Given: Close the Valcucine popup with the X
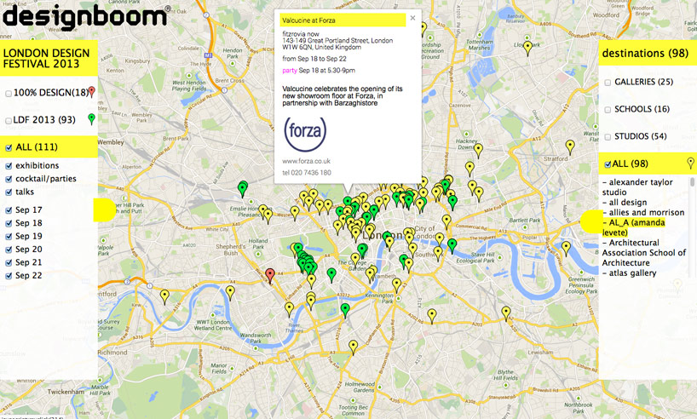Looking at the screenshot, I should [x=413, y=17].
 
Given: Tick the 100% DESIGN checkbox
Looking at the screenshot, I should [x=9, y=93].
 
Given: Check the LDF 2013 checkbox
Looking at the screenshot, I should [x=9, y=121].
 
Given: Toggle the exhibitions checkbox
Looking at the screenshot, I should [x=9, y=166].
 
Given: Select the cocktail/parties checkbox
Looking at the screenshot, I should [x=9, y=179].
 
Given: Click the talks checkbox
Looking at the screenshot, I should [x=9, y=192].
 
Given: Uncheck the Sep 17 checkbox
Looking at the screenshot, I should [x=9, y=210].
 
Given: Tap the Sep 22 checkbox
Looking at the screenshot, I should [x=9, y=276].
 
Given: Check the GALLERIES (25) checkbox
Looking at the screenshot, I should [x=608, y=83].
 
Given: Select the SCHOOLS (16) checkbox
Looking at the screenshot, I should [x=608, y=110].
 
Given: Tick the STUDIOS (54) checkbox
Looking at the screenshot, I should [x=608, y=137].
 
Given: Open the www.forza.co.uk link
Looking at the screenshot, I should [x=306, y=161].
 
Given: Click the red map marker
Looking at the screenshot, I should [x=270, y=274].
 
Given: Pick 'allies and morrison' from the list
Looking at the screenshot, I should [x=646, y=212].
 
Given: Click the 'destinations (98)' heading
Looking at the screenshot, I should [x=644, y=54].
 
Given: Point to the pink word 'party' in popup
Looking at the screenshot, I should [x=290, y=71].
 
